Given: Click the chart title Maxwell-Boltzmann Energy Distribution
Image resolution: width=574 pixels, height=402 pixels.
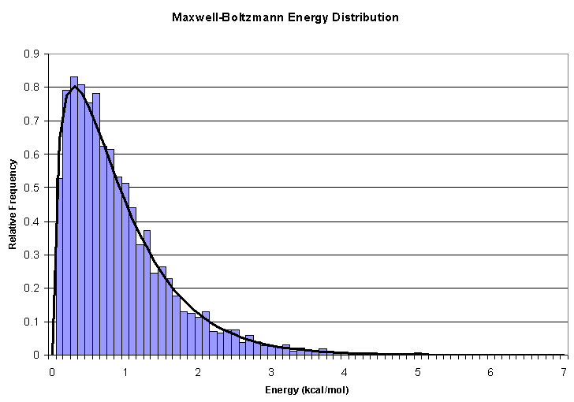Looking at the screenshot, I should [x=285, y=17].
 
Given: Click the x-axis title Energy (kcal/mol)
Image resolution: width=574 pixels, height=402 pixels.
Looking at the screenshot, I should [x=307, y=389].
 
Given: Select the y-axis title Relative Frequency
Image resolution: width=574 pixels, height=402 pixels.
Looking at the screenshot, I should [x=13, y=204].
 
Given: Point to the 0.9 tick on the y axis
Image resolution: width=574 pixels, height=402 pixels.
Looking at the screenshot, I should [x=32, y=54].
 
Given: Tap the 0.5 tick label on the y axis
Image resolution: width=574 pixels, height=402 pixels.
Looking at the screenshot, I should [x=32, y=188].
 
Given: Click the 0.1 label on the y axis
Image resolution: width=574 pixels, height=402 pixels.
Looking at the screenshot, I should [x=32, y=322].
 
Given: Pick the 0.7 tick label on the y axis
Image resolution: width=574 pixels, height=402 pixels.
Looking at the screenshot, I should [x=32, y=121].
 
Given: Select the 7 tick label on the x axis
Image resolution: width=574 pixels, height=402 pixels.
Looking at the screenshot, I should [x=564, y=372].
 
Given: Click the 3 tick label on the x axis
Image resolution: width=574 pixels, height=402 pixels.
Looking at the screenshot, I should [x=271, y=372].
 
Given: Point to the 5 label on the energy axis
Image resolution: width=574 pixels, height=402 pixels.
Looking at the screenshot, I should [x=418, y=372].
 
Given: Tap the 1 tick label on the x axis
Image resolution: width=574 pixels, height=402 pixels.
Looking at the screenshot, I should [x=125, y=372].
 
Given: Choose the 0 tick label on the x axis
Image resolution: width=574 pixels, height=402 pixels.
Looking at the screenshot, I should [x=52, y=372].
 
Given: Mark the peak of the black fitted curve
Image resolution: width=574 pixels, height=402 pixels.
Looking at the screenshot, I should [x=74, y=87].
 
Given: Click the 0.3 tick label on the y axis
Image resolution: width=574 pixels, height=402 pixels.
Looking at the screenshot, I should [x=32, y=255].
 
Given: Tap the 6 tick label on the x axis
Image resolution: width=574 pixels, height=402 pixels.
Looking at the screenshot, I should [x=490, y=372].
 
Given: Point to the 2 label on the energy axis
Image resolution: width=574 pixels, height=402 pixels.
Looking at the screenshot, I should [x=199, y=372].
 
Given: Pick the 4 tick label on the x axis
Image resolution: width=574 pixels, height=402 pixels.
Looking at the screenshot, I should [x=345, y=372].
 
